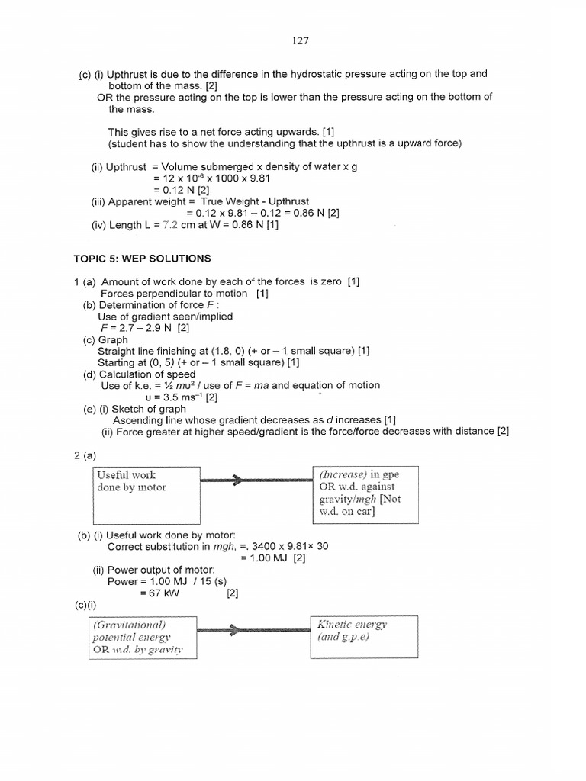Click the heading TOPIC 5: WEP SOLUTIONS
(142, 259)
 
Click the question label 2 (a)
(85, 455)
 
